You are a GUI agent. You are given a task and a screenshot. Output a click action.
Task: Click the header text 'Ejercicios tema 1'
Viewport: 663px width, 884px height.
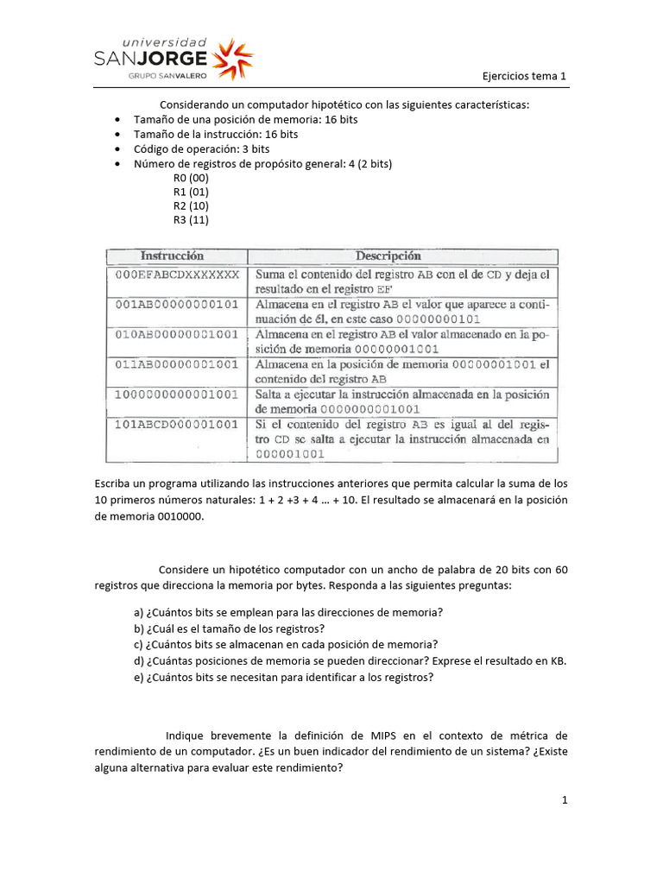(x=524, y=76)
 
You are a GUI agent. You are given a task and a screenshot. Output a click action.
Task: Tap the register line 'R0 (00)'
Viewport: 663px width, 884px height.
(x=191, y=178)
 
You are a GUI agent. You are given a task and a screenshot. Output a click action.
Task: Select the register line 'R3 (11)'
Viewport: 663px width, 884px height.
(x=191, y=219)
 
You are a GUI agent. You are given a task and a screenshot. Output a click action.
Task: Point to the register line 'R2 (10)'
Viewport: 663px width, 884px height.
(x=191, y=205)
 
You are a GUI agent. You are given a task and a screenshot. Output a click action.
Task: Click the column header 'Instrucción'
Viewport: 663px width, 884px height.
(x=173, y=256)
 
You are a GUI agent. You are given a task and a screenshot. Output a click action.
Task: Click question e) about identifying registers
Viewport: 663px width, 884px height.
(x=283, y=678)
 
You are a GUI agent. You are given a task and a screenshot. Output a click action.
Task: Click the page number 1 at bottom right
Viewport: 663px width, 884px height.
(x=565, y=800)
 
